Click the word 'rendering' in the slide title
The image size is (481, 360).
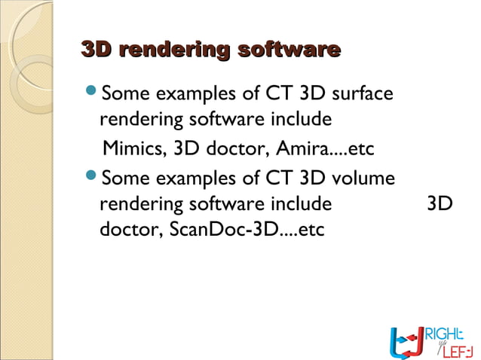point(174,50)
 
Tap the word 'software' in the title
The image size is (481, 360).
point(289,50)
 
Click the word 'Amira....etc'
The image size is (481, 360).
point(331,147)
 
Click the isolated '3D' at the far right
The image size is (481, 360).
point(440,204)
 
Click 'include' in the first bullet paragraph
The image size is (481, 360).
point(302,120)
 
